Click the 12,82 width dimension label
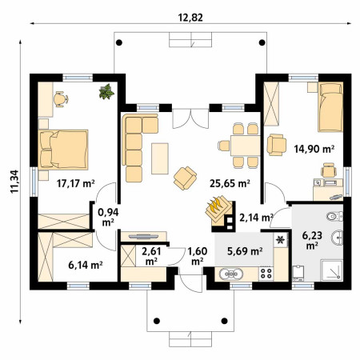click(190, 18)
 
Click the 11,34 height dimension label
click(14, 182)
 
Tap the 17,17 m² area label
click(76, 183)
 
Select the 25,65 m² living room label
click(230, 183)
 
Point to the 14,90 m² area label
click(314, 149)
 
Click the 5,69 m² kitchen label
click(245, 251)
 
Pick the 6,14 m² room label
click(86, 265)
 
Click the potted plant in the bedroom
click(106, 92)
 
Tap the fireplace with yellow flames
click(219, 210)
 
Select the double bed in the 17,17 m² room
click(63, 150)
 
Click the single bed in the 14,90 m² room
click(330, 107)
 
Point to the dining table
click(246, 146)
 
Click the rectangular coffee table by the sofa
click(160, 158)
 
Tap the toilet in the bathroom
click(334, 216)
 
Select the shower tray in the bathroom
click(331, 270)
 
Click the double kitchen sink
click(231, 274)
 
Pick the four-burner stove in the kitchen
click(266, 274)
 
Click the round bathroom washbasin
click(338, 237)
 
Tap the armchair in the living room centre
click(185, 178)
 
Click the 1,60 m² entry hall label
click(198, 256)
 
